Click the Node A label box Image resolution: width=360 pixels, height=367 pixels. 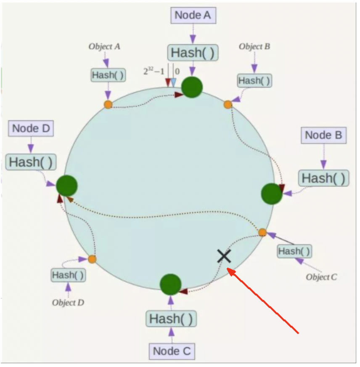(x=193, y=15)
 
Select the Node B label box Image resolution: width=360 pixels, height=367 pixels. (x=323, y=135)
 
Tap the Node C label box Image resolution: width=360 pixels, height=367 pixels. (x=172, y=351)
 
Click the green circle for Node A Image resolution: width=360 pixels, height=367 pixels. (x=192, y=87)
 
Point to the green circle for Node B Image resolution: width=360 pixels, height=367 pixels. (x=272, y=194)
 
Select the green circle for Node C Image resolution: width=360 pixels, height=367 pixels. (x=171, y=284)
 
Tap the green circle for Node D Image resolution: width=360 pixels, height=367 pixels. (x=66, y=186)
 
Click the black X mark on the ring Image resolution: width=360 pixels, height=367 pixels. (x=224, y=255)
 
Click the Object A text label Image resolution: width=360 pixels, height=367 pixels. (x=104, y=46)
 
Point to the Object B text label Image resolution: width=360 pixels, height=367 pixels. (x=254, y=46)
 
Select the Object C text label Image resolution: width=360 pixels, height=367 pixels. (x=321, y=277)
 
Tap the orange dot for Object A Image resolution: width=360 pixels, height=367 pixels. (x=108, y=104)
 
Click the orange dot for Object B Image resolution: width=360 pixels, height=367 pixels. (x=228, y=104)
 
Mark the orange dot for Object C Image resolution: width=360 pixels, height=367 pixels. (x=262, y=232)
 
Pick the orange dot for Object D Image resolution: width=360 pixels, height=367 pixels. (x=92, y=259)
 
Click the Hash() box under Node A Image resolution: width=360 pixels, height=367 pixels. (x=193, y=53)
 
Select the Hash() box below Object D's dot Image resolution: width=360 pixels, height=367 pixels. (x=68, y=276)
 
